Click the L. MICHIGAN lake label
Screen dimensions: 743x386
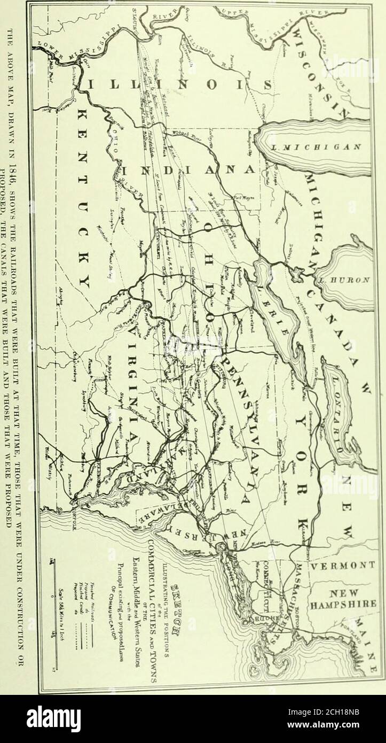[312, 146]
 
